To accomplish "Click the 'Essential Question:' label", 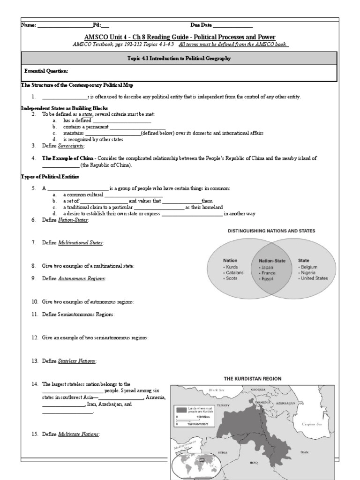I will pos(46,71).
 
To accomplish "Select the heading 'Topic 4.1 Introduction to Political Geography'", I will pos(180,58).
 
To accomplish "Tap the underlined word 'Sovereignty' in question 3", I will pos(71,146).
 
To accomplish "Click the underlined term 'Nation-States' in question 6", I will pos(73,220).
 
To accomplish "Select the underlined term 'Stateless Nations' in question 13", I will pos(77,361).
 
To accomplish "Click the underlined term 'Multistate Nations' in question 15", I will pos(78,434).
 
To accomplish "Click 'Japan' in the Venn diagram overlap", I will pos(268,267).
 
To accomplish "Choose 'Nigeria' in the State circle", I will pos(310,272).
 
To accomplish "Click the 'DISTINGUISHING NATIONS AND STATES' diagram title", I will pos(271,231).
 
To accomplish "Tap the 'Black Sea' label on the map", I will pos(218,390).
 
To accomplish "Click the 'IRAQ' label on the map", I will pos(254,462).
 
